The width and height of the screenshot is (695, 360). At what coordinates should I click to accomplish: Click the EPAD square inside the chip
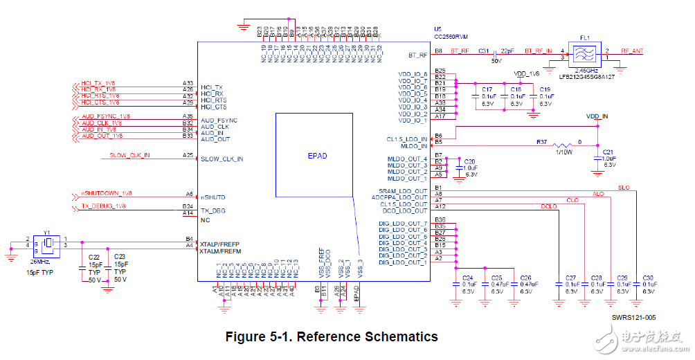coord(317,156)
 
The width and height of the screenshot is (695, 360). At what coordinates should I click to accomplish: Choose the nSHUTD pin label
coord(213,197)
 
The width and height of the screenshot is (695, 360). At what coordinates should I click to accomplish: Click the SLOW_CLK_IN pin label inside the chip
coord(222,159)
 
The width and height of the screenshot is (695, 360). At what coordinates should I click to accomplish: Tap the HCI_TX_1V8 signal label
coord(98,82)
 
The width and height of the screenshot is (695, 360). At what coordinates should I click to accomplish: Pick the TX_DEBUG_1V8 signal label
coord(104,206)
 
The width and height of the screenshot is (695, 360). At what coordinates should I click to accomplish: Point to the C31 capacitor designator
coord(484,51)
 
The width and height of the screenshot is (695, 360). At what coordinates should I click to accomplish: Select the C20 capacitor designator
coord(470,161)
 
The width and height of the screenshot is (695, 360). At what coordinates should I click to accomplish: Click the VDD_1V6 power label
coord(526,73)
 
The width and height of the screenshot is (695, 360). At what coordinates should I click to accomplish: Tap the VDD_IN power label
coord(597,116)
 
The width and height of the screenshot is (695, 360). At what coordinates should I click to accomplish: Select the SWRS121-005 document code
coord(633,318)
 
